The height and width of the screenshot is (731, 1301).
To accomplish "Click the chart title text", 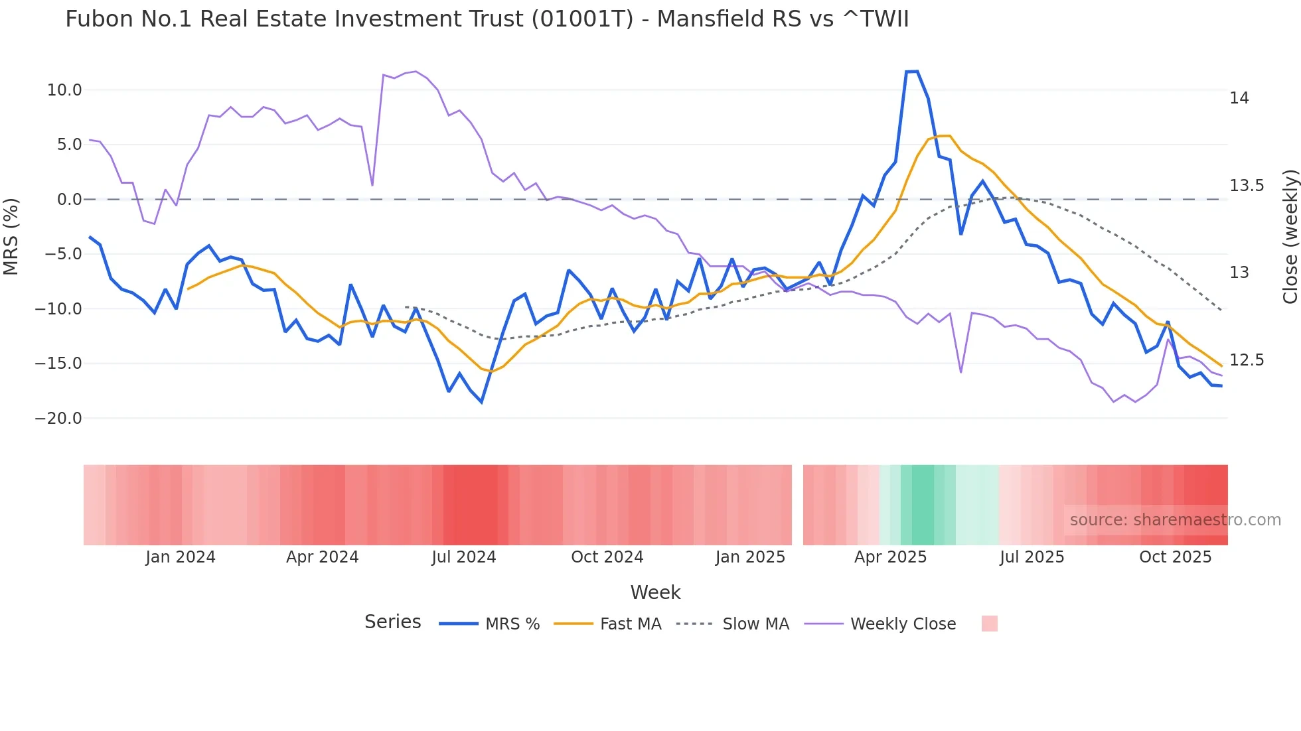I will [x=487, y=19].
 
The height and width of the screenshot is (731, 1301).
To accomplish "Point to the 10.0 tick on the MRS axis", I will [x=64, y=90].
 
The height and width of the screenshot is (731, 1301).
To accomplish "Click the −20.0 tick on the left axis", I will [x=58, y=419].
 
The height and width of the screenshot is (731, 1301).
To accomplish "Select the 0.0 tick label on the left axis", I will [x=69, y=200].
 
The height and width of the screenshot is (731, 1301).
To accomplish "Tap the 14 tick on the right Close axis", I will [x=1239, y=98].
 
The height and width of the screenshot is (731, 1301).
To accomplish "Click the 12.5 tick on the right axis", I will [x=1247, y=360].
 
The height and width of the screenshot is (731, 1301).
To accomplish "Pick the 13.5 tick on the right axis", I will [x=1247, y=186].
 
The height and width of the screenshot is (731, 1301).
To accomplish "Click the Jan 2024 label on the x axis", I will [x=181, y=557].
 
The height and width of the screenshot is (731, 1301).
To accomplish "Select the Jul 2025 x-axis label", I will [x=1032, y=557].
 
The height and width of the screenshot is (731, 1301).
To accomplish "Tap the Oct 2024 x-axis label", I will [x=607, y=557].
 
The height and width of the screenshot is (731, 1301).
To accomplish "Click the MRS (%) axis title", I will [x=11, y=236].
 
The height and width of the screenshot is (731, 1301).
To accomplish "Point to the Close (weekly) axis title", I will [x=1290, y=237].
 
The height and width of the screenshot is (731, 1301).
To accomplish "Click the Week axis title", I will [x=655, y=592].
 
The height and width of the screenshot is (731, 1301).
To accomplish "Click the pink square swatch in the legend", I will [x=989, y=624].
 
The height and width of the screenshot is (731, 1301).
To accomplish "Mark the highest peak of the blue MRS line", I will [x=912, y=72].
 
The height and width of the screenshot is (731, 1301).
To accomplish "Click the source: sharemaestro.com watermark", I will [x=1175, y=520].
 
